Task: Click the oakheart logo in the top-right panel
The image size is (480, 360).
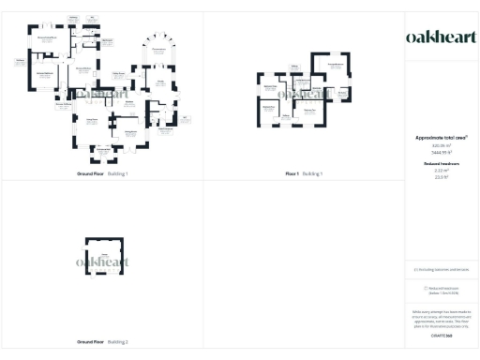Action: (440, 37)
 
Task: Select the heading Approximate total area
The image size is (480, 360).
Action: (440, 137)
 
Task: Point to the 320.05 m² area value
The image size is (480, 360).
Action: (440, 145)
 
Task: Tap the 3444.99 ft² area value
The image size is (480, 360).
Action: (440, 151)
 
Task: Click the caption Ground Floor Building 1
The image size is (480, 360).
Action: (102, 174)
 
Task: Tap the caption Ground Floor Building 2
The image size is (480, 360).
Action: (102, 343)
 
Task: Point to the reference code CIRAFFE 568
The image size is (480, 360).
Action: (440, 335)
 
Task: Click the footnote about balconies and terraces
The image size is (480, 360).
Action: (440, 270)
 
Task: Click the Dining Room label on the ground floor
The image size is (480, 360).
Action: (131, 132)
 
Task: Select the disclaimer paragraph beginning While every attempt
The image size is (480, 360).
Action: (440, 316)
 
